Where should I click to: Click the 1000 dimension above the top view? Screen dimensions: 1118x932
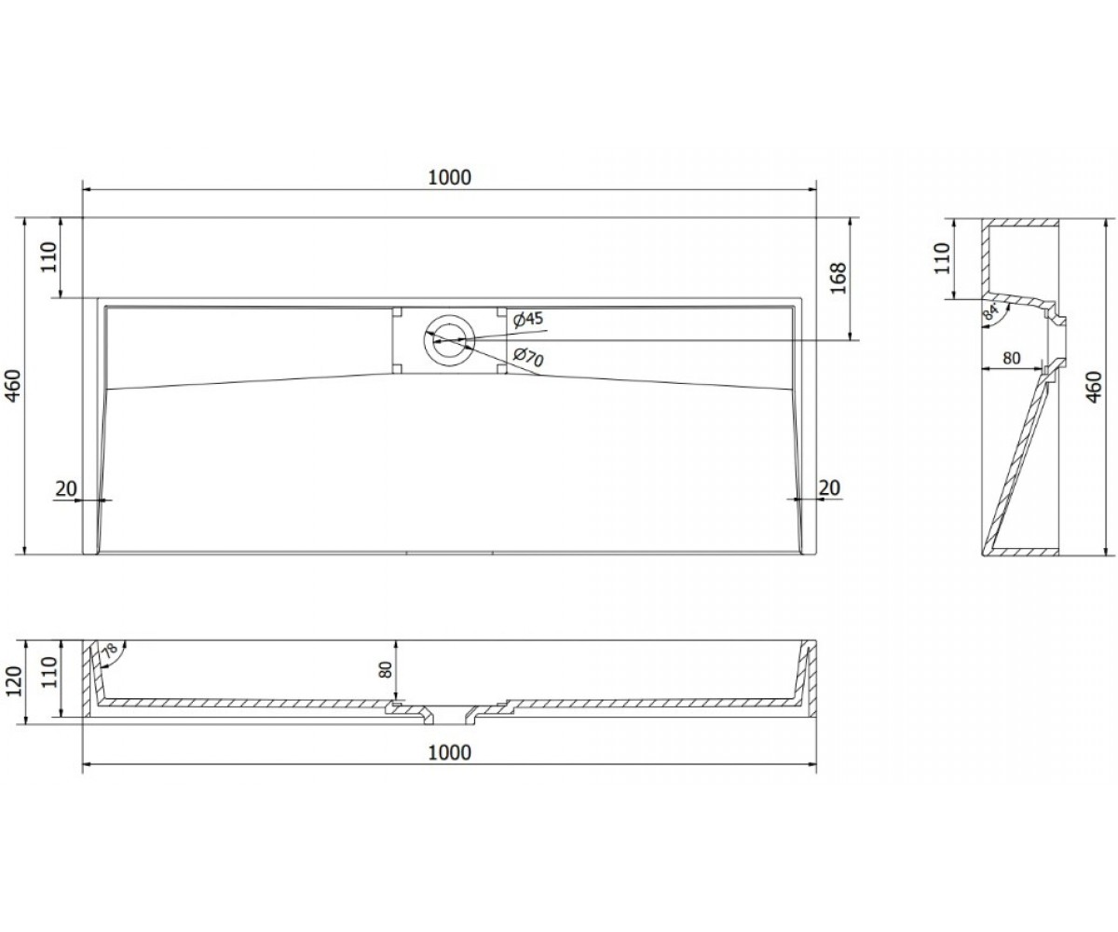point(449,177)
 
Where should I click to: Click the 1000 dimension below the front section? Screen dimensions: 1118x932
point(449,752)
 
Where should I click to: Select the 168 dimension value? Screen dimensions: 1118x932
point(839,278)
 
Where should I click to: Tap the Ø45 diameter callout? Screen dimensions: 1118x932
point(528,320)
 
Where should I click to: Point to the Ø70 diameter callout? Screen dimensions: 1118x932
point(528,357)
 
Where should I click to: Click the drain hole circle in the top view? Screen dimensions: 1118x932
point(449,340)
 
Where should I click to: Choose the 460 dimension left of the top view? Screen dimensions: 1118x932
point(13,385)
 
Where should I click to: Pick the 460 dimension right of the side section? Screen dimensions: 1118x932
point(1095,387)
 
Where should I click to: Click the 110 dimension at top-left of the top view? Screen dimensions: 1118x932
point(48,257)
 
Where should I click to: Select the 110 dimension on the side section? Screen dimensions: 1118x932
point(942,258)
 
